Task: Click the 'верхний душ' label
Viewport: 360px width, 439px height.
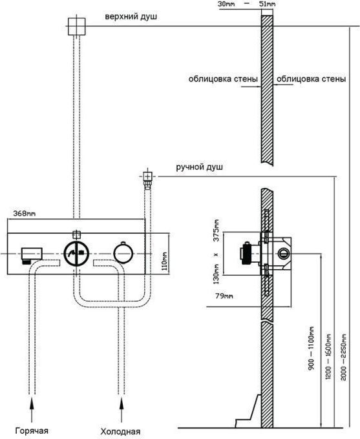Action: [131, 17]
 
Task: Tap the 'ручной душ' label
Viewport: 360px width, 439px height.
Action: [199, 167]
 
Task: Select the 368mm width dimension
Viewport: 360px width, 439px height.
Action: [25, 213]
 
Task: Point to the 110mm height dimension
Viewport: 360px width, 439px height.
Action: [165, 261]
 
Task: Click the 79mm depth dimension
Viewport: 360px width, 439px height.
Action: [224, 296]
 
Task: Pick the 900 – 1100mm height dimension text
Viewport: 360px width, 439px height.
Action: [312, 348]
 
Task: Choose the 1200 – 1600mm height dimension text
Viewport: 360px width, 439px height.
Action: [328, 356]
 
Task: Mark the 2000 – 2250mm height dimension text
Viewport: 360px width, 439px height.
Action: [344, 356]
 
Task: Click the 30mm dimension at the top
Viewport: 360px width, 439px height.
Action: [226, 5]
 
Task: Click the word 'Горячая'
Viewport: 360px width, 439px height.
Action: [32, 431]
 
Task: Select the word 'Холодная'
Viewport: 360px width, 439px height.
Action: [120, 431]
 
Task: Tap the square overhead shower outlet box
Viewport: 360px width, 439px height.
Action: [76, 26]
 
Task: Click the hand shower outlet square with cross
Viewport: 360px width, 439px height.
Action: [147, 176]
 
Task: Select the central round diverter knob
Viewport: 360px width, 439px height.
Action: [76, 253]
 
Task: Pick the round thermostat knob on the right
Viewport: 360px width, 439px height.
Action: [123, 253]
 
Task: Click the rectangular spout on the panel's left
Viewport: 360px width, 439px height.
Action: [32, 255]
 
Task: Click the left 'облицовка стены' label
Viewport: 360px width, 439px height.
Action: [223, 79]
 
